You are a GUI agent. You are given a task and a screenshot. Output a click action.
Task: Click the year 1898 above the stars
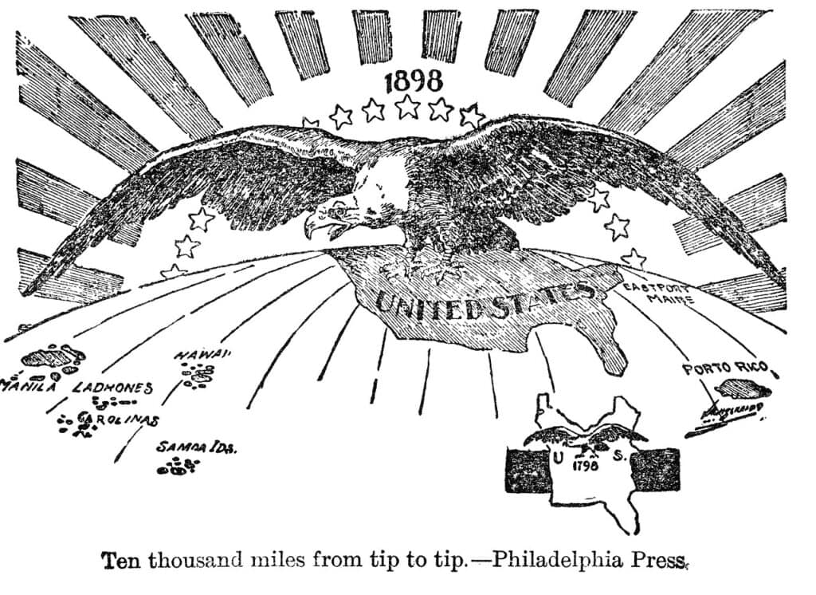(413, 81)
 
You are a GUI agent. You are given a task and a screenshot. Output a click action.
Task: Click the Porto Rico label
(724, 368)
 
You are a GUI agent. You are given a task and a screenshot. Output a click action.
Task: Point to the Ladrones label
(112, 388)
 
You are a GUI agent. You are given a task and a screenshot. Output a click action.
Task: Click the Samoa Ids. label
(195, 447)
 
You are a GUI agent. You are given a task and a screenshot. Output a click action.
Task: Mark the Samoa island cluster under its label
(177, 467)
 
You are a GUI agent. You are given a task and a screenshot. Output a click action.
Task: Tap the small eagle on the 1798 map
(586, 436)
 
